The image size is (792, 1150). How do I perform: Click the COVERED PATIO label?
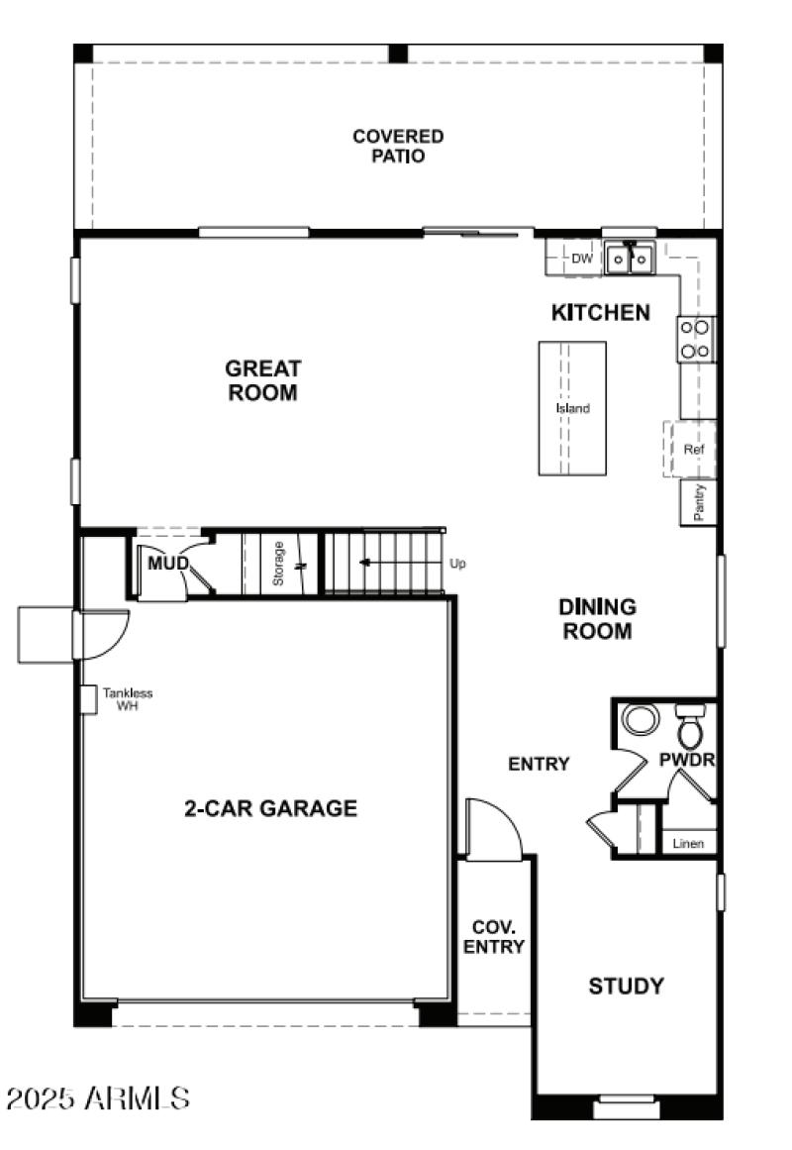click(x=398, y=146)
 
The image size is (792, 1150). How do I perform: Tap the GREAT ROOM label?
click(x=262, y=380)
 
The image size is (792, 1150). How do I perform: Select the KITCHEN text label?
click(x=600, y=313)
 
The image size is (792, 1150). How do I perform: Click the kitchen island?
click(x=572, y=408)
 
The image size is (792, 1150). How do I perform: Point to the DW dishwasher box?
click(x=581, y=260)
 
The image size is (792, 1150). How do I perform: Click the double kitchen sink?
click(x=630, y=260)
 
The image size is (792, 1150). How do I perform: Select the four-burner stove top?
click(x=695, y=339)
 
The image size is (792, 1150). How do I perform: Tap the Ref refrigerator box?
click(x=694, y=450)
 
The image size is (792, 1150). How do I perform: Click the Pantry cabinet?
click(x=699, y=502)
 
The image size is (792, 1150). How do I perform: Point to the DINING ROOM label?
click(x=597, y=619)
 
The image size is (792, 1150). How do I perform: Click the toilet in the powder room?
click(x=690, y=729)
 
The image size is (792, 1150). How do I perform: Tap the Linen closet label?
click(x=688, y=844)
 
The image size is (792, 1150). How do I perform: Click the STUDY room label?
click(x=626, y=987)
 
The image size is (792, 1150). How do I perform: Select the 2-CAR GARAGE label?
click(x=270, y=808)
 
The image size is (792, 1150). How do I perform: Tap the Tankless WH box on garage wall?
click(x=88, y=698)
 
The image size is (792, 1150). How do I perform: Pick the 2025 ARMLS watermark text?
click(x=97, y=1098)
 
